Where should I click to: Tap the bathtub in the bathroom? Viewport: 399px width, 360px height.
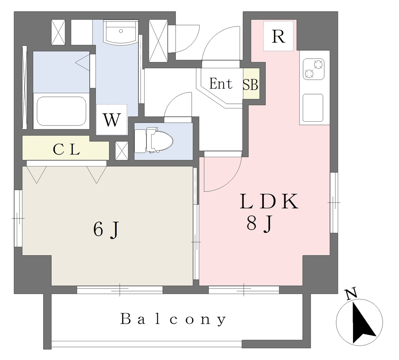tap(62, 111)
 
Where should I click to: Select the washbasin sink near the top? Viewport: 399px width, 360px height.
tap(121, 33)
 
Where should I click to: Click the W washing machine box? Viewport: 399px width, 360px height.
tap(112, 119)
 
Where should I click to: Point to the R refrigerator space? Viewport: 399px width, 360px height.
tap(278, 36)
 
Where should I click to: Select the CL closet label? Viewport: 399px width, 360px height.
tap(66, 149)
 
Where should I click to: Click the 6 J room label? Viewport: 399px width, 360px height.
tap(106, 230)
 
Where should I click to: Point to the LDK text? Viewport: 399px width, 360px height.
tap(269, 202)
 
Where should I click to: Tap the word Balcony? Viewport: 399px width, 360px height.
tap(173, 319)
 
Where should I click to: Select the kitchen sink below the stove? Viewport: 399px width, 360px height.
tap(313, 108)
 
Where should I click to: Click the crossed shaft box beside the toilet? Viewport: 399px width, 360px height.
tap(122, 151)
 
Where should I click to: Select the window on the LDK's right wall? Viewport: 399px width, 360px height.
tap(334, 202)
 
